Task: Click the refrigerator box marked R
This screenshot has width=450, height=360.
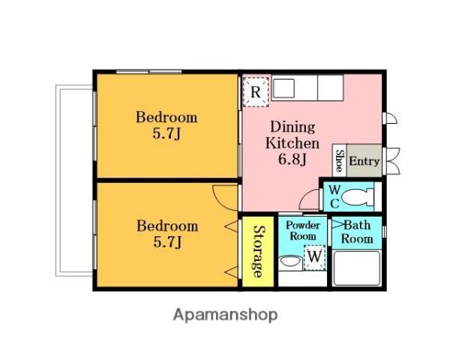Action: (256, 91)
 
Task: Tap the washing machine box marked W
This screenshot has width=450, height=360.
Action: (314, 257)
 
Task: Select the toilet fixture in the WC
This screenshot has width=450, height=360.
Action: (358, 197)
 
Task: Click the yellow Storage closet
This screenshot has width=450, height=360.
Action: (258, 251)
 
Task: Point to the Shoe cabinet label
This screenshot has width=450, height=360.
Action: (340, 160)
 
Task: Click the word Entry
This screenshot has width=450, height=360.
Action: (364, 161)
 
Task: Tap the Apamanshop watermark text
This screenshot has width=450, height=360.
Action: (225, 315)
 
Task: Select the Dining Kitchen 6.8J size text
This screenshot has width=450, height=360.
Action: (292, 159)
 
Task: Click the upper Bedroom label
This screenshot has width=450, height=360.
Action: (166, 118)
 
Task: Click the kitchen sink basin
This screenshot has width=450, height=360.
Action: (283, 88)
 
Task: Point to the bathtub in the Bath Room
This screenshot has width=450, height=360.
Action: (357, 268)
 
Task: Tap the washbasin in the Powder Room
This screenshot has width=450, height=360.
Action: (290, 262)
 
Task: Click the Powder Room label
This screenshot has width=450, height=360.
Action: (303, 230)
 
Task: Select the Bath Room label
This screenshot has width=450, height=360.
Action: (357, 232)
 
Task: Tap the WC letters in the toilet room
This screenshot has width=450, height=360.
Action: (334, 196)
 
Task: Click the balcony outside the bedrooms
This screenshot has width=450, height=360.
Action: (74, 181)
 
